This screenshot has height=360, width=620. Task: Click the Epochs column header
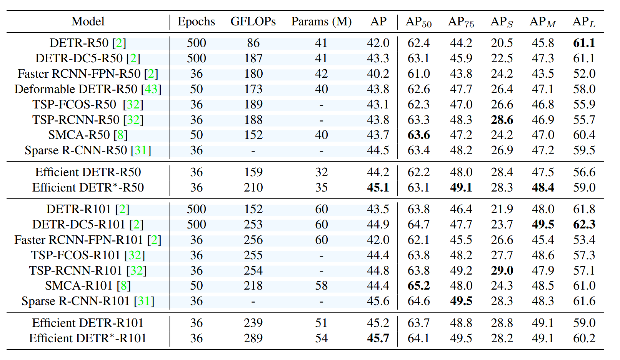click(x=196, y=22)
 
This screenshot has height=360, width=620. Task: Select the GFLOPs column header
click(x=253, y=22)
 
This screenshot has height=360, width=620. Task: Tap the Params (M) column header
click(x=321, y=22)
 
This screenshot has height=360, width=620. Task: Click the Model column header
click(x=88, y=22)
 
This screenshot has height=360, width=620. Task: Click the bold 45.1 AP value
click(x=378, y=187)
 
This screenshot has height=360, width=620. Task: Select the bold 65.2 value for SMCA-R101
click(x=418, y=286)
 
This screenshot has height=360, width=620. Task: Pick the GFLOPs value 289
click(x=253, y=338)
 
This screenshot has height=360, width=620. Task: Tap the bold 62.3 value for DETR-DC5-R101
click(x=584, y=224)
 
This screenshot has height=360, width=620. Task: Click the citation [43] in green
click(x=151, y=89)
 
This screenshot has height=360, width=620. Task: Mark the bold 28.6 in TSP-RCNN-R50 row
click(x=502, y=120)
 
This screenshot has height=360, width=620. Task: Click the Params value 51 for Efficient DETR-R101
click(x=321, y=323)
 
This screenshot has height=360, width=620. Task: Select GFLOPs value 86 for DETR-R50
click(x=253, y=43)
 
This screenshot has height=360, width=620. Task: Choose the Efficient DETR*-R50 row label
click(x=88, y=187)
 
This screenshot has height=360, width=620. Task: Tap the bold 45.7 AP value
click(x=378, y=338)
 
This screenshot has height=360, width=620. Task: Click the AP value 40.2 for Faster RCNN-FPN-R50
click(x=378, y=73)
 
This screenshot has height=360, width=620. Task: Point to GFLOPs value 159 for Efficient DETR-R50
click(x=253, y=172)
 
